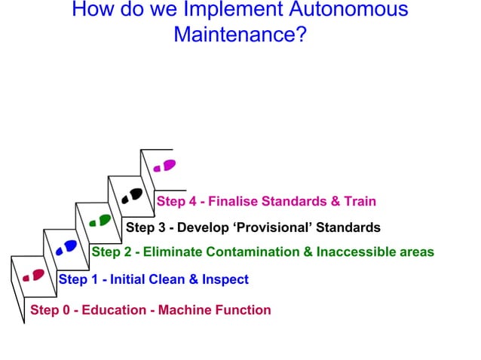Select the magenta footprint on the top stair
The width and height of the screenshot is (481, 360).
(164, 166)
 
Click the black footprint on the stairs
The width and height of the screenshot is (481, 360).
(131, 196)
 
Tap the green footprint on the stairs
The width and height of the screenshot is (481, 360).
(100, 220)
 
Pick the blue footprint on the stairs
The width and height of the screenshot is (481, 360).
(66, 246)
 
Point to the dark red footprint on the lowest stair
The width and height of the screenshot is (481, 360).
(33, 275)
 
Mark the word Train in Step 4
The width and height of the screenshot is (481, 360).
(360, 201)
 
